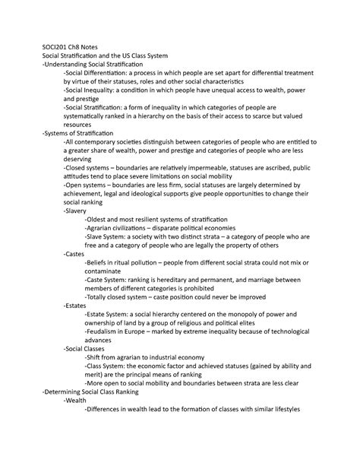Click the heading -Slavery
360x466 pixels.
77,211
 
